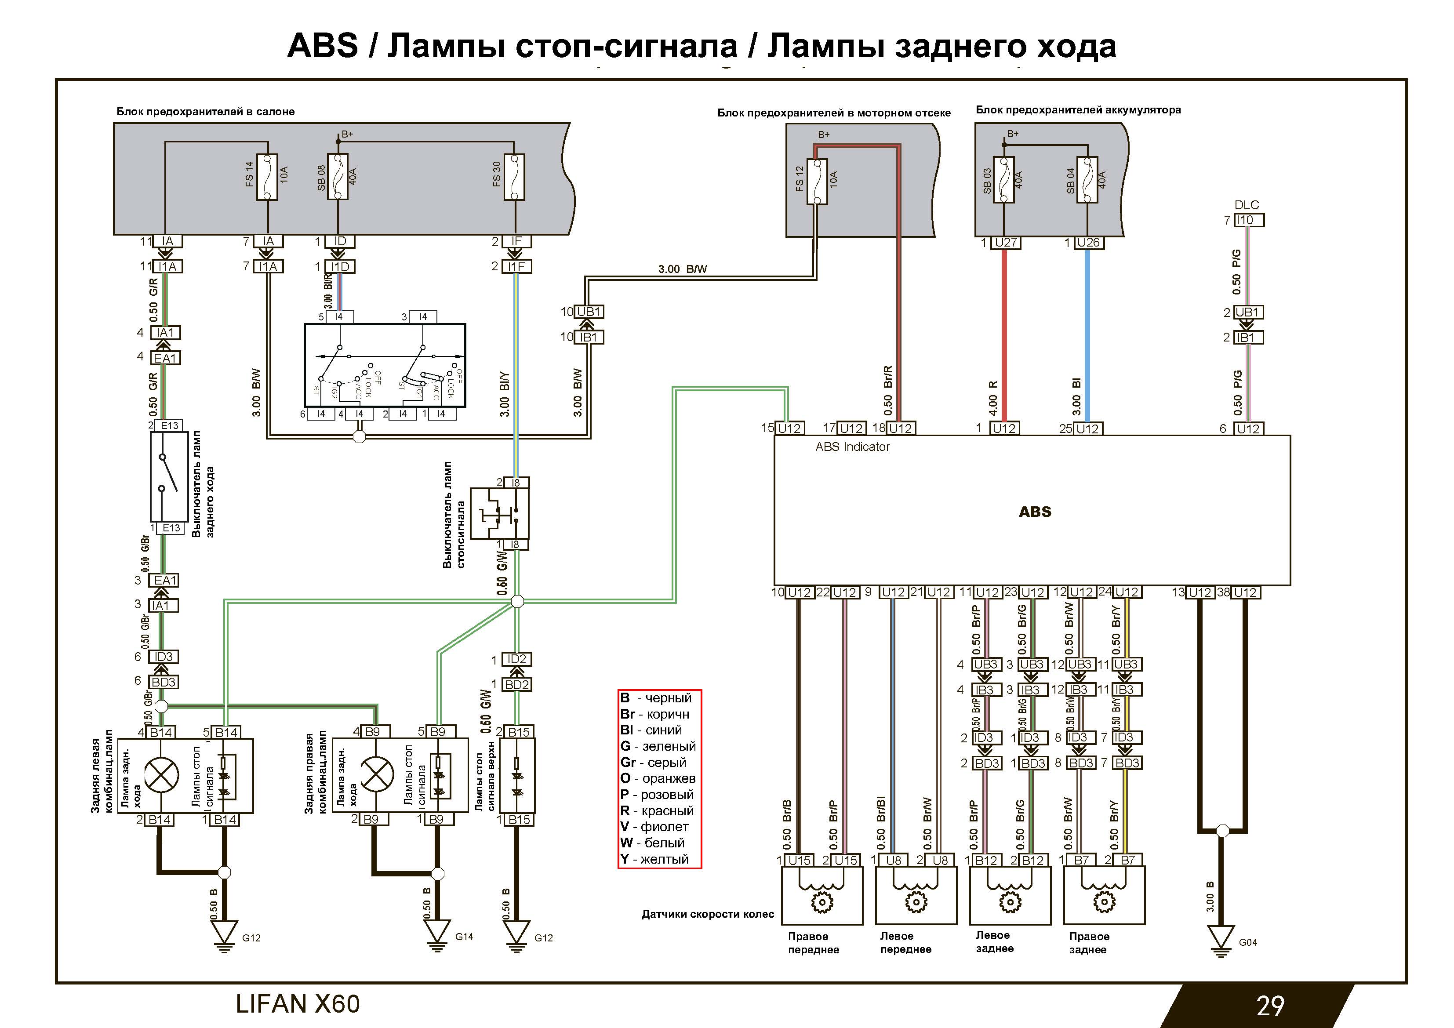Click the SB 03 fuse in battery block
click(x=1004, y=181)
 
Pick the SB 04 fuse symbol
click(x=1087, y=181)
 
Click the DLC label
click(x=1246, y=204)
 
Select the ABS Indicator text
click(x=852, y=447)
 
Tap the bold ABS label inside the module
click(x=1035, y=512)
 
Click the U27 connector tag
click(x=1006, y=243)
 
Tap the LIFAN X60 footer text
click(x=298, y=1004)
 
